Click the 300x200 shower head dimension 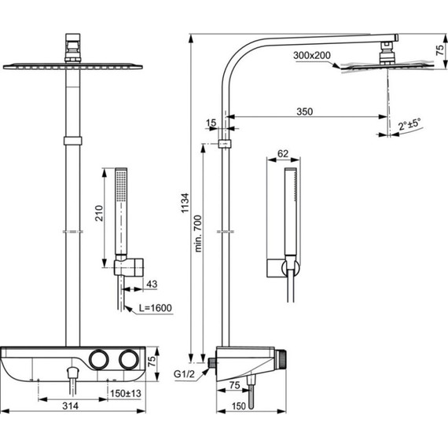[x=311, y=55]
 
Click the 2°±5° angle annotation [x=409, y=124]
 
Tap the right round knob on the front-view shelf [x=130, y=360]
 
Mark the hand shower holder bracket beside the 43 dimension [x=128, y=267]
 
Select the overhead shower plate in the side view [x=365, y=67]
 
